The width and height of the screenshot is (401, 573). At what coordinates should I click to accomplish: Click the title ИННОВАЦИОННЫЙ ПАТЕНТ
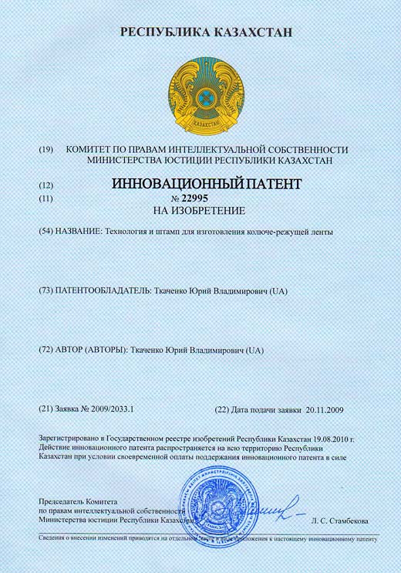(x=204, y=185)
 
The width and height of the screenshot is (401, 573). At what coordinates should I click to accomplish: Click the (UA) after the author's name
(x=254, y=350)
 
